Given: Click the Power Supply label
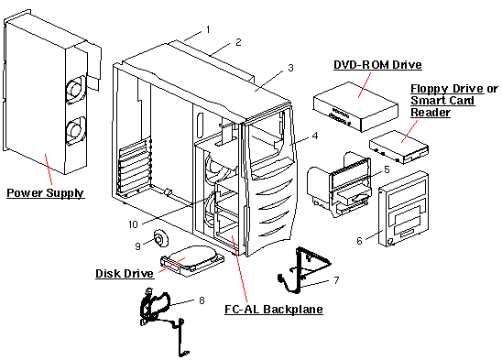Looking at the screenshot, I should click(45, 193).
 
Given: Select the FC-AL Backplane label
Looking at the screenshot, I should click(274, 310).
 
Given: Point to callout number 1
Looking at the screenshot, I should click(208, 29).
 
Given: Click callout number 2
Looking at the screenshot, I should click(238, 42).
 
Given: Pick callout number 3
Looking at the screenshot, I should click(290, 67).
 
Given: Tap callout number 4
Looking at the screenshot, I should click(315, 136).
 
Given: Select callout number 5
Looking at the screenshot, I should click(387, 169).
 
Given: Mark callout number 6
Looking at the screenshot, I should click(359, 240).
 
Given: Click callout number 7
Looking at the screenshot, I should click(336, 278).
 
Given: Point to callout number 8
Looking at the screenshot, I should click(202, 300).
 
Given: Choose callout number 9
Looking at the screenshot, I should click(137, 245).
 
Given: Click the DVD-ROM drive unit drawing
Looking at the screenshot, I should click(355, 103).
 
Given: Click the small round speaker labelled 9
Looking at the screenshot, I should click(162, 238).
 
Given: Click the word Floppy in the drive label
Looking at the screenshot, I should click(428, 87).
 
